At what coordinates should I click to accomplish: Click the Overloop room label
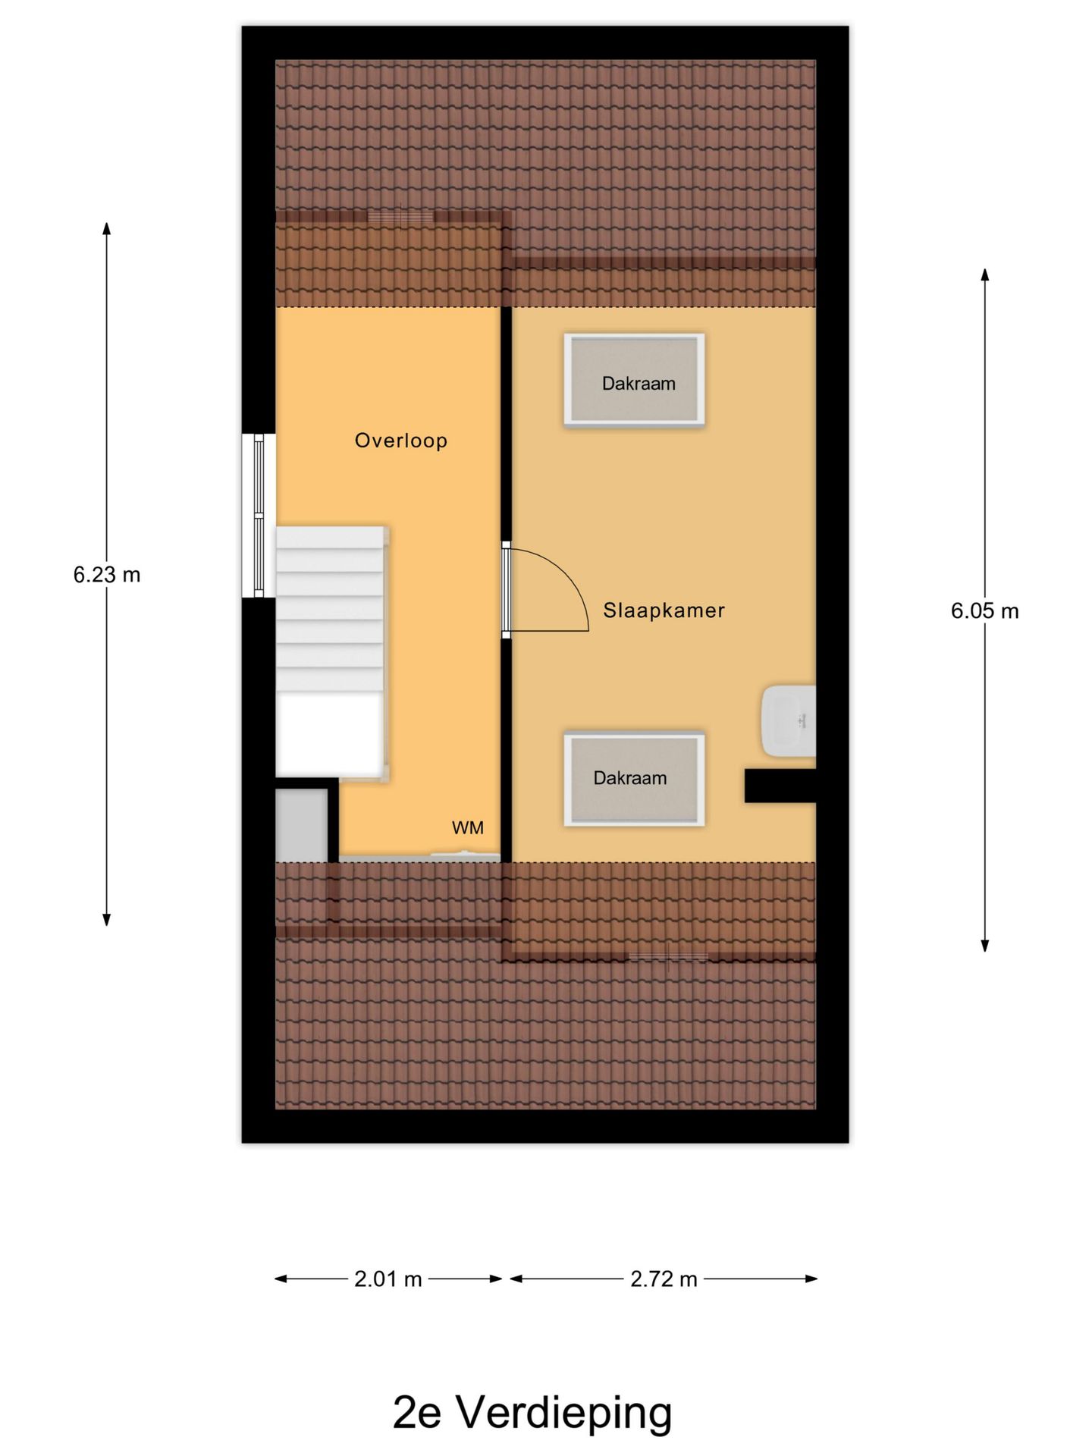[401, 441]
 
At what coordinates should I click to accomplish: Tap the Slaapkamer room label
[664, 610]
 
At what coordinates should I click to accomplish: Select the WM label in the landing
[468, 828]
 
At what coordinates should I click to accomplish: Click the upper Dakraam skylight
[634, 379]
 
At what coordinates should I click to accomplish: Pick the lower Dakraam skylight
[634, 779]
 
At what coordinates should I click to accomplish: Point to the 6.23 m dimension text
[107, 575]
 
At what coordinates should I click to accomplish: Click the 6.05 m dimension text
[985, 611]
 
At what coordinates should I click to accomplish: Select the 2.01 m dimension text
[388, 1279]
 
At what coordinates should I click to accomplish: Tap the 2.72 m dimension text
[664, 1279]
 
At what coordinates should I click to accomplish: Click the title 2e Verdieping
[532, 1412]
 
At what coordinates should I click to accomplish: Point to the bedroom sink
[789, 721]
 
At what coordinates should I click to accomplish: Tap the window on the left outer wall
[259, 516]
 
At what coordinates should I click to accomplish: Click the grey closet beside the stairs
[301, 826]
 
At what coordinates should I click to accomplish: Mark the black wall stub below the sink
[780, 786]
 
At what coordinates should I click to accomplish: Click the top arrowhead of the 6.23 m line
[107, 227]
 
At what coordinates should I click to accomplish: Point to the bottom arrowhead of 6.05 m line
[985, 946]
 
